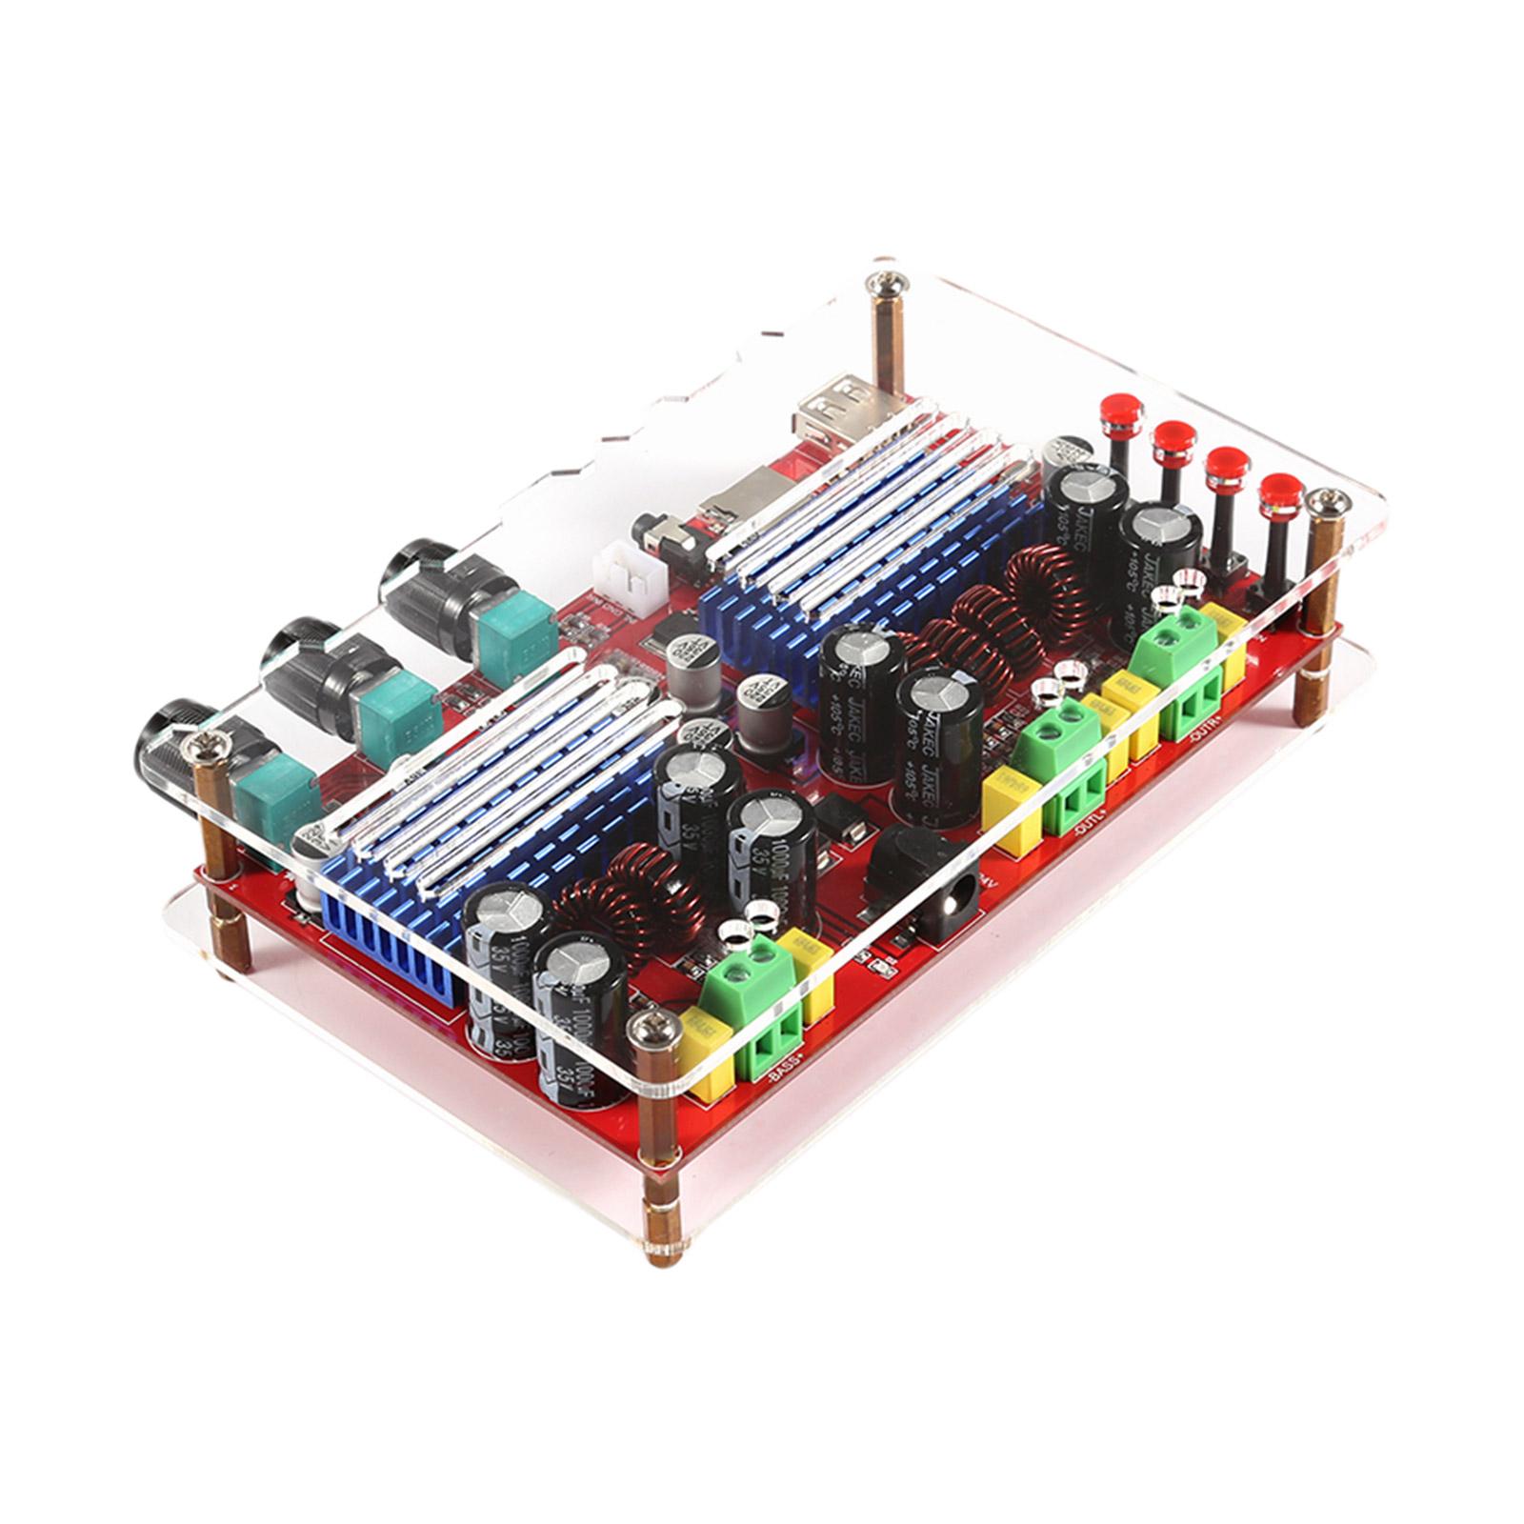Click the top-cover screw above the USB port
click(x=883, y=283)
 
